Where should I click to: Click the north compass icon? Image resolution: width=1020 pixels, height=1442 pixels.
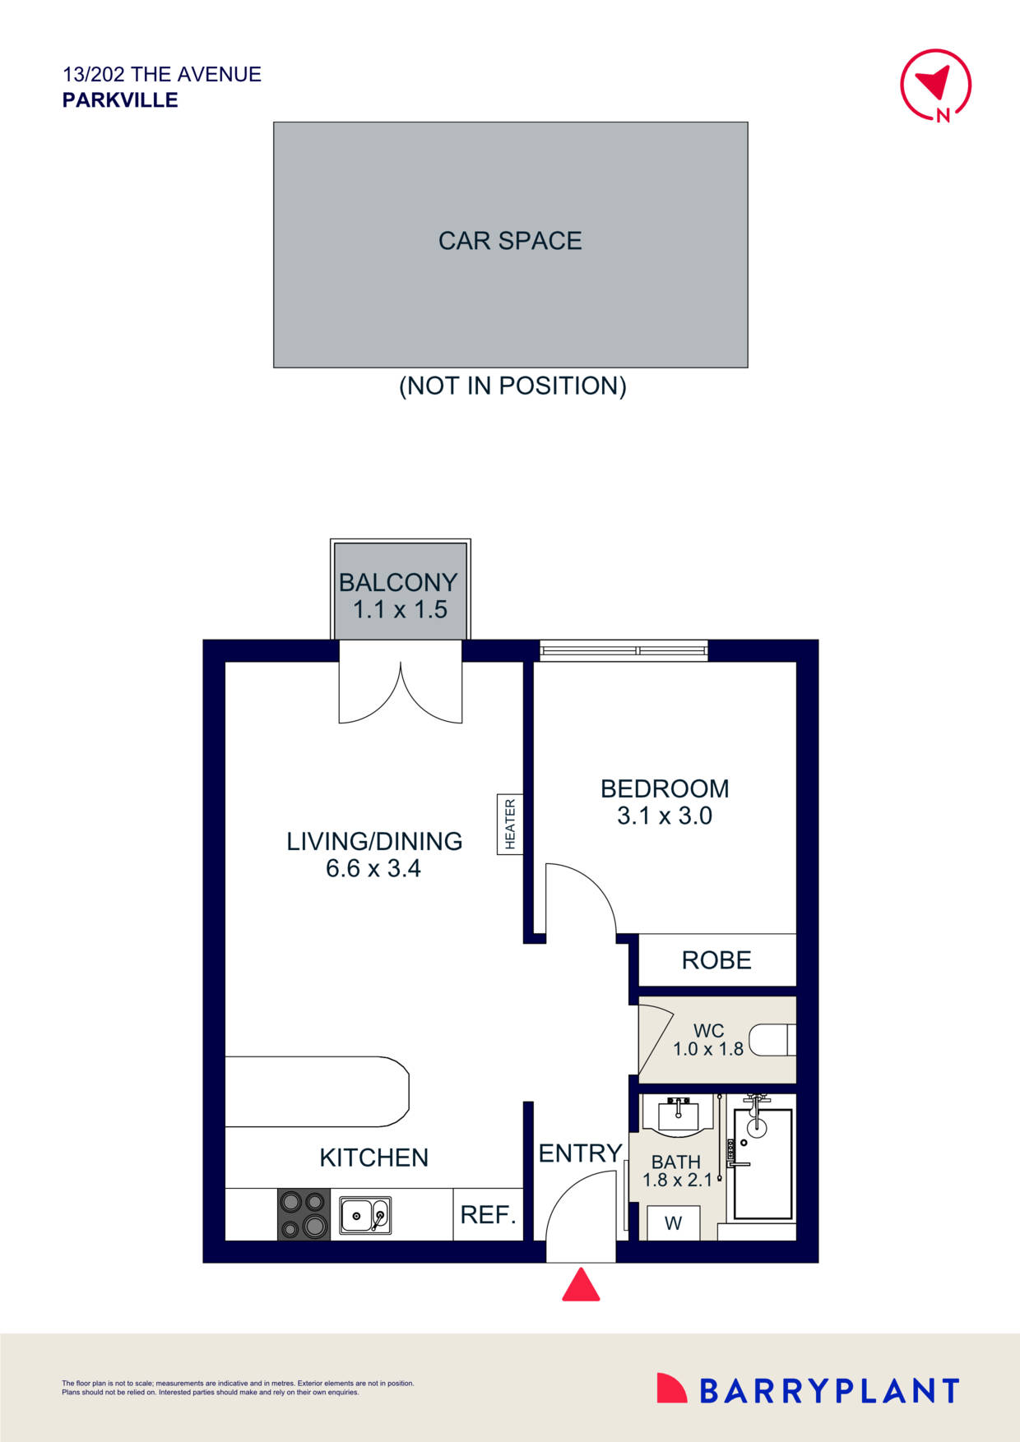coord(936,85)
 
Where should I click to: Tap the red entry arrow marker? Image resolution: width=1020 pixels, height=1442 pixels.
coord(581,1285)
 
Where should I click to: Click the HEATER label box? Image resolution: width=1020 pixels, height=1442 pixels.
coord(510,824)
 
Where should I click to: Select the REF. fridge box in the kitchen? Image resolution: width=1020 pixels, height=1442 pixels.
coord(488,1214)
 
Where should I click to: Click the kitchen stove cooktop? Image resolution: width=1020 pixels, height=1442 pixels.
coord(304,1214)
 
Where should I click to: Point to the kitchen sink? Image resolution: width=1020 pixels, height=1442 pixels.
coord(365,1214)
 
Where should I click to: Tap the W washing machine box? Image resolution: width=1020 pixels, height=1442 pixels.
coord(673,1223)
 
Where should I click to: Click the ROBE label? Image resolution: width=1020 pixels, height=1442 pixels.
coord(716,960)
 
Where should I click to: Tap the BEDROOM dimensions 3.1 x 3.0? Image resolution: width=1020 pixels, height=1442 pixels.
coord(665,816)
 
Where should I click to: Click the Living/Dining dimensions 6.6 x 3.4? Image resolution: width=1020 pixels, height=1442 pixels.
coord(373,869)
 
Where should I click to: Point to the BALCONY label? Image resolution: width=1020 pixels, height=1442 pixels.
coord(398,582)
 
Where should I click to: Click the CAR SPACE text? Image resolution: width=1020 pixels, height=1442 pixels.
coord(510,241)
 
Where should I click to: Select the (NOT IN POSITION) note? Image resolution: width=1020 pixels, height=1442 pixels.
coord(512,386)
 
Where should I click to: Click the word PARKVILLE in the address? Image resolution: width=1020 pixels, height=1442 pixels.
coord(120,100)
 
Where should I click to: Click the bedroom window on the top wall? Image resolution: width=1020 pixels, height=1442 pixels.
coord(624,651)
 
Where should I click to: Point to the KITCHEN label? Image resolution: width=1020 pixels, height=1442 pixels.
coord(374,1158)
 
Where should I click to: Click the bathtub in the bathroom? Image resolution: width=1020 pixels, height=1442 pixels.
coord(763,1163)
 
